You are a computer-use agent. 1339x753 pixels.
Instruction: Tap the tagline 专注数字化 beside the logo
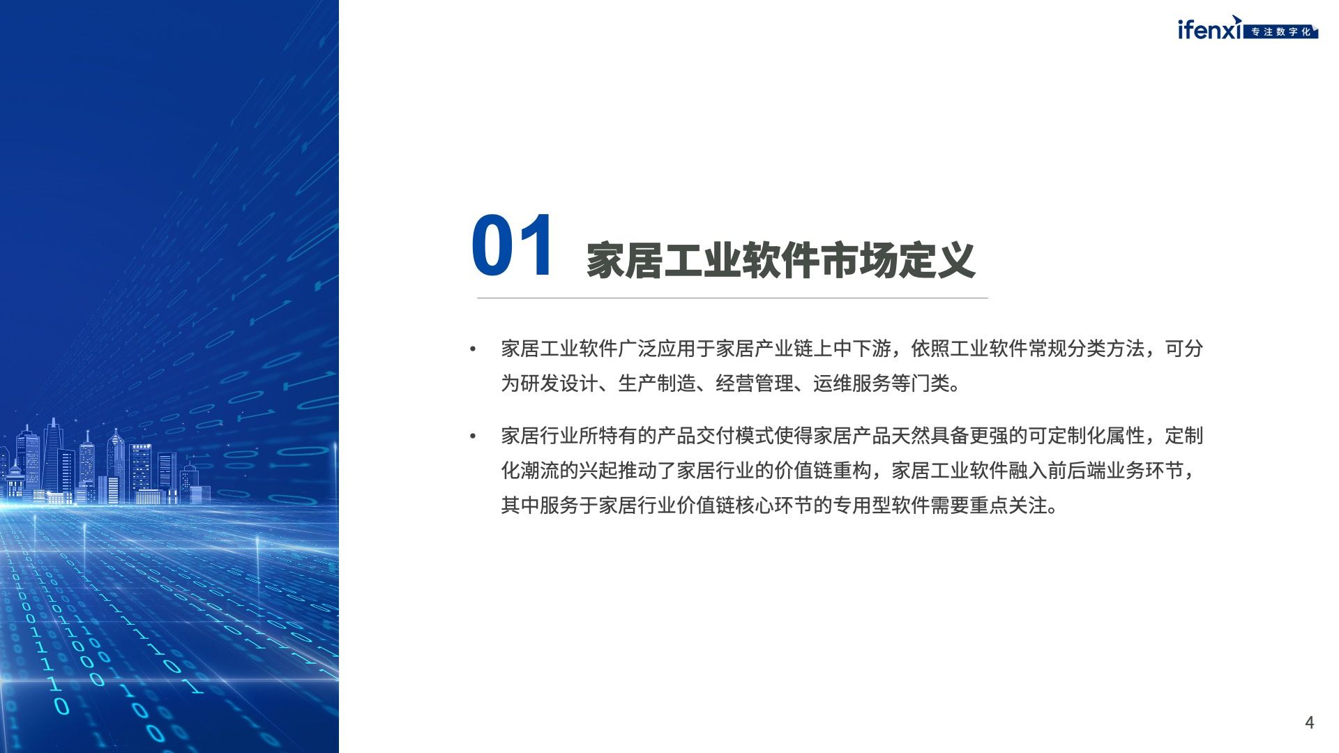click(x=1281, y=32)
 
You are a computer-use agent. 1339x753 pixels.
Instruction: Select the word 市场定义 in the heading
click(x=897, y=261)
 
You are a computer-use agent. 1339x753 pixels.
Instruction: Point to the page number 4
click(x=1309, y=722)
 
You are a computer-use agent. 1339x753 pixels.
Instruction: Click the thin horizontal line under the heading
click(x=732, y=298)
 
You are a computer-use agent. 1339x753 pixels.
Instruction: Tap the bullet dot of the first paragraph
click(x=473, y=349)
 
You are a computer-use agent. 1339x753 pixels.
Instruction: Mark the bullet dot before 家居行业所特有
click(x=473, y=436)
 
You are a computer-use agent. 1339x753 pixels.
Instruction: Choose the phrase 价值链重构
click(x=823, y=471)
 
